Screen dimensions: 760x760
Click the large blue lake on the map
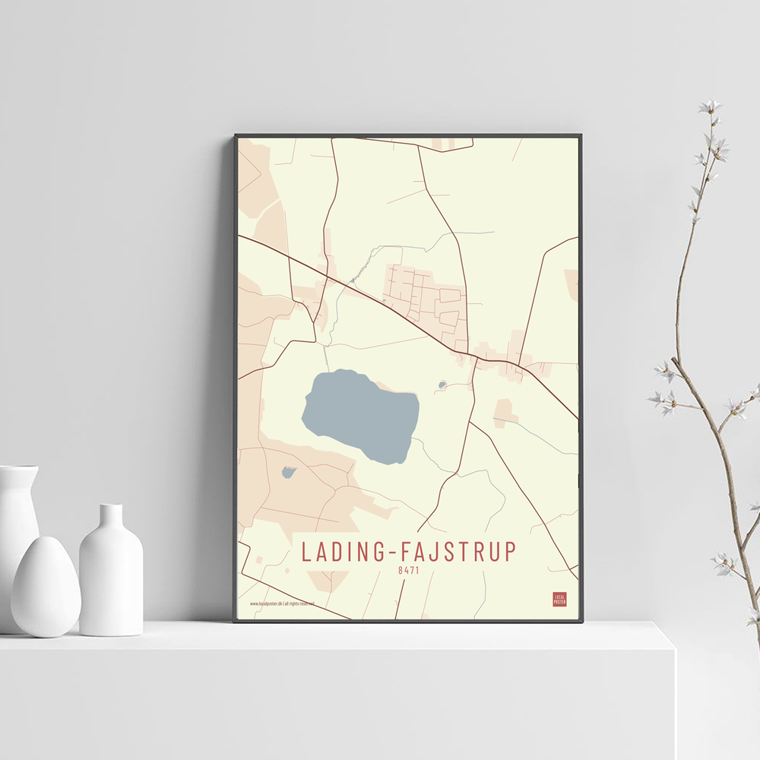[361, 414]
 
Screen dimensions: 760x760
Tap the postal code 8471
[409, 568]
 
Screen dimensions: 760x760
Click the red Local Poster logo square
[559, 599]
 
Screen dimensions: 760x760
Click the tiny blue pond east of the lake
[442, 385]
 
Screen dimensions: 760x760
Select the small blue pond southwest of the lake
[288, 473]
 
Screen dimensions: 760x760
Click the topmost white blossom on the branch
[710, 106]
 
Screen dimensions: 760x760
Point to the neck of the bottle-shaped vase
[111, 517]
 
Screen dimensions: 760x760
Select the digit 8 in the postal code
[401, 568]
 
